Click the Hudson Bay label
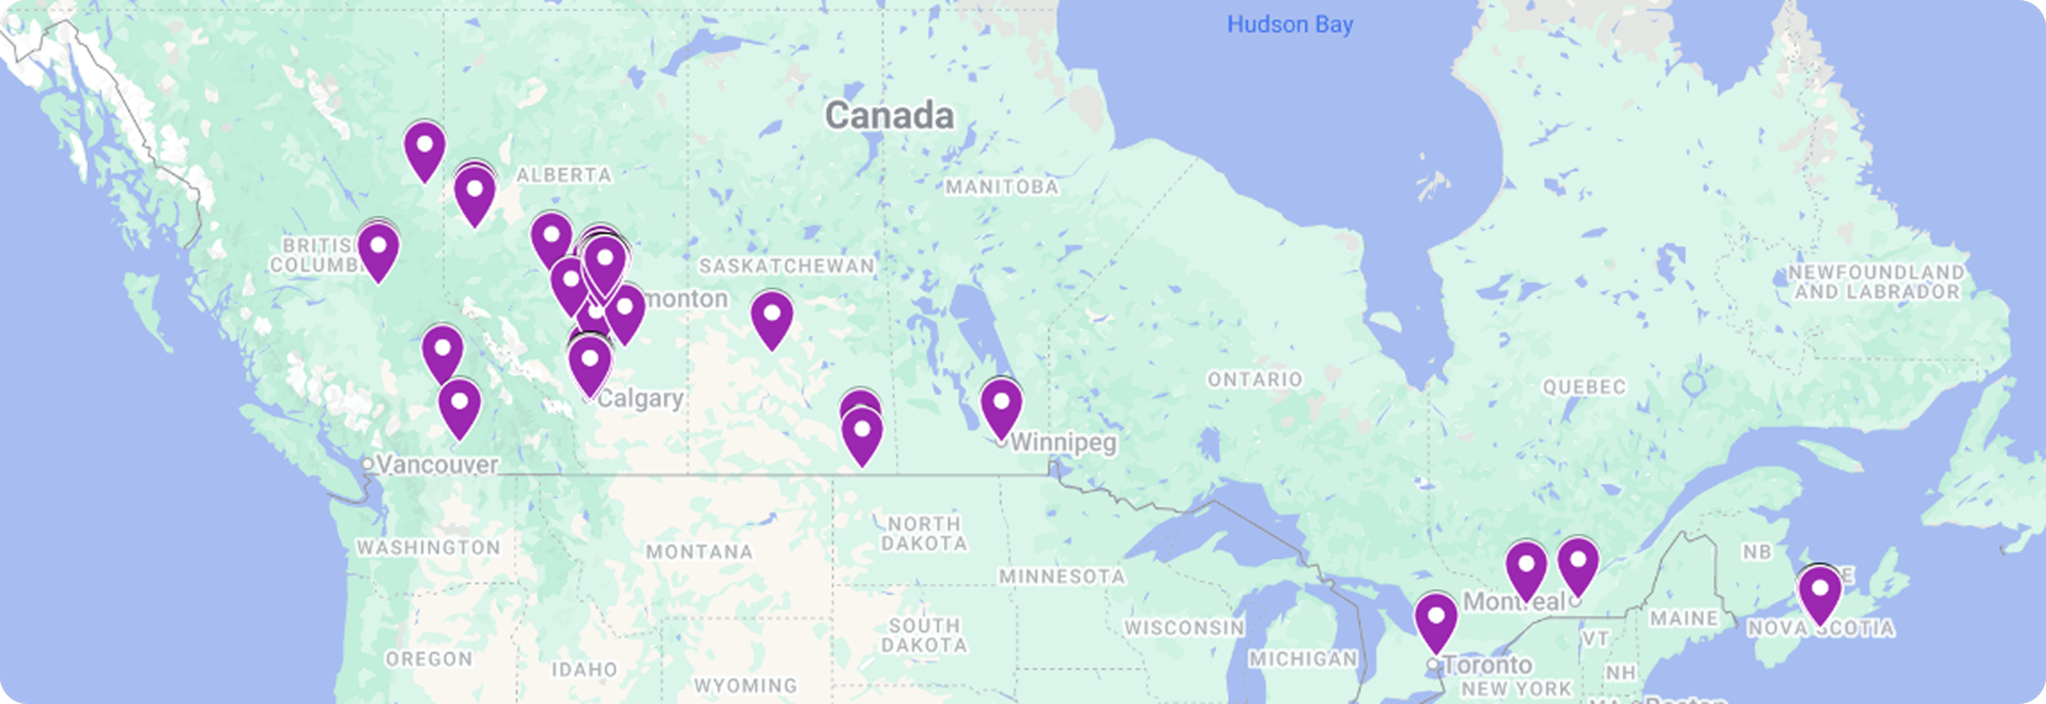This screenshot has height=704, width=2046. [1290, 25]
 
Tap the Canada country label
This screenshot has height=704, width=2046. [889, 115]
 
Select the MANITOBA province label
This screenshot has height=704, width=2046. [1002, 187]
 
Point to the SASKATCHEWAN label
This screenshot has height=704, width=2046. [786, 266]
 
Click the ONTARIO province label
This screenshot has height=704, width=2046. [1255, 379]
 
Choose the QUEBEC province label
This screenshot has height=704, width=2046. [1584, 386]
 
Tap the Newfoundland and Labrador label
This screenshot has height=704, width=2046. [1876, 282]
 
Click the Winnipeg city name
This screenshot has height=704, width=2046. [1063, 442]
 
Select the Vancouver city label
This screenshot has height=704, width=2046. [437, 465]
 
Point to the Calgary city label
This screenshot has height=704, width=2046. [640, 399]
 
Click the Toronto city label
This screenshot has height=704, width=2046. [1487, 665]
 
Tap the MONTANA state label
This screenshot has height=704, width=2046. [699, 553]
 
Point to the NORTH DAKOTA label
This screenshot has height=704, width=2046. [924, 534]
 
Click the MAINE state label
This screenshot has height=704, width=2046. [1683, 619]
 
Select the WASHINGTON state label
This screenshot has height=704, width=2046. [428, 548]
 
